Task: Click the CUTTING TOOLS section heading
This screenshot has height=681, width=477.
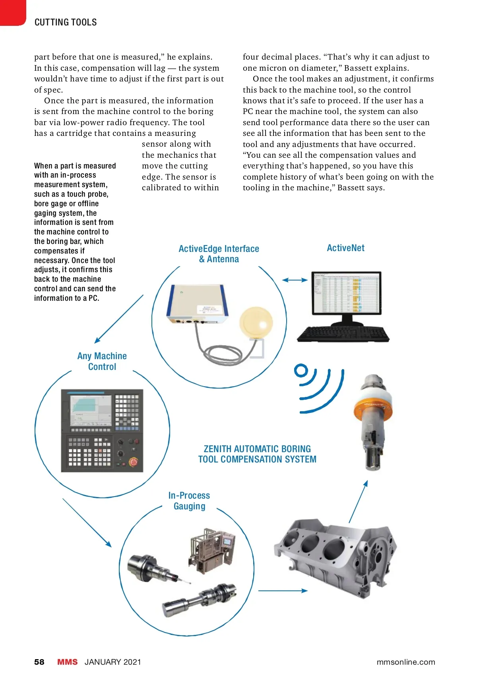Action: pyautogui.click(x=66, y=22)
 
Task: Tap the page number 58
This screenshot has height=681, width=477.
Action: pyautogui.click(x=39, y=662)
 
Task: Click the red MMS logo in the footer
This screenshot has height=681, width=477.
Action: pyautogui.click(x=67, y=662)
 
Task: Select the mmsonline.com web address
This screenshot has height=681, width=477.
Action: pyautogui.click(x=405, y=662)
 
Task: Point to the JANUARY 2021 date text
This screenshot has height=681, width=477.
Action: pyautogui.click(x=113, y=662)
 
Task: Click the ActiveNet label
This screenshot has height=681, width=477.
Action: pyautogui.click(x=345, y=248)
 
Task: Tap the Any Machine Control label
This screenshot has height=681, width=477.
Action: pyautogui.click(x=102, y=362)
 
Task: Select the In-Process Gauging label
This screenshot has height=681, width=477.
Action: pyautogui.click(x=189, y=501)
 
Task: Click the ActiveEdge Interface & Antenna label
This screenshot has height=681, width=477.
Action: pyautogui.click(x=219, y=254)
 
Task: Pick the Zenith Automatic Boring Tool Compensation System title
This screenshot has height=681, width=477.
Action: pyautogui.click(x=257, y=454)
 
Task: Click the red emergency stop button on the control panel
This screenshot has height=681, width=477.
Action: pyautogui.click(x=133, y=462)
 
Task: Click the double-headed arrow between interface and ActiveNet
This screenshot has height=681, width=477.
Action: pyautogui.click(x=295, y=280)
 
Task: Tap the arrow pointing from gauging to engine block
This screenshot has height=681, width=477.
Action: pyautogui.click(x=283, y=591)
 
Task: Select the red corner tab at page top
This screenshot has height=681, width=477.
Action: pyautogui.click(x=12, y=12)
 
